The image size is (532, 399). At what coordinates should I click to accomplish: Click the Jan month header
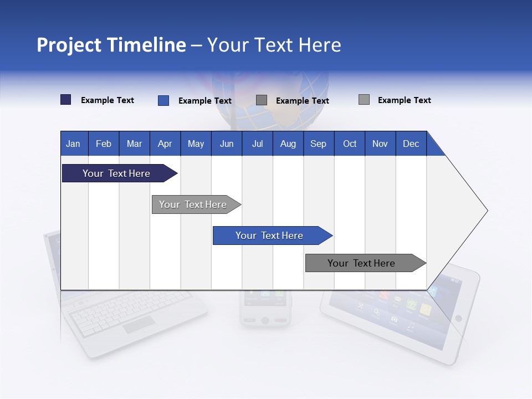(x=73, y=144)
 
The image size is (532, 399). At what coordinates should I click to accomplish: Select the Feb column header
(x=104, y=144)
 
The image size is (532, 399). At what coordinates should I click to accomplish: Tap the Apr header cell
(x=165, y=144)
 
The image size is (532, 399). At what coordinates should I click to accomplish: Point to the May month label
(x=196, y=144)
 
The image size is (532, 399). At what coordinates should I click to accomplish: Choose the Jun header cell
(x=227, y=144)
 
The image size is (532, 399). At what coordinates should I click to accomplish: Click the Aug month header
(x=288, y=144)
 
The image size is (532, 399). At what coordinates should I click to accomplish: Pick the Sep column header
(x=318, y=144)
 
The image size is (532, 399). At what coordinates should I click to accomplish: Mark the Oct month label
(x=350, y=144)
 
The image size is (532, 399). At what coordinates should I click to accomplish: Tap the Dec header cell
(x=411, y=144)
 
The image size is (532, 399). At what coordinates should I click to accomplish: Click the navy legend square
(x=65, y=100)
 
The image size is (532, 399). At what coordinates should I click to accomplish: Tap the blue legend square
(x=163, y=100)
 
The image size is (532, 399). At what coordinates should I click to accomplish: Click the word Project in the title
(x=69, y=45)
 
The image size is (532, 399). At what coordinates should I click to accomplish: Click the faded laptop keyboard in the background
(x=130, y=313)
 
